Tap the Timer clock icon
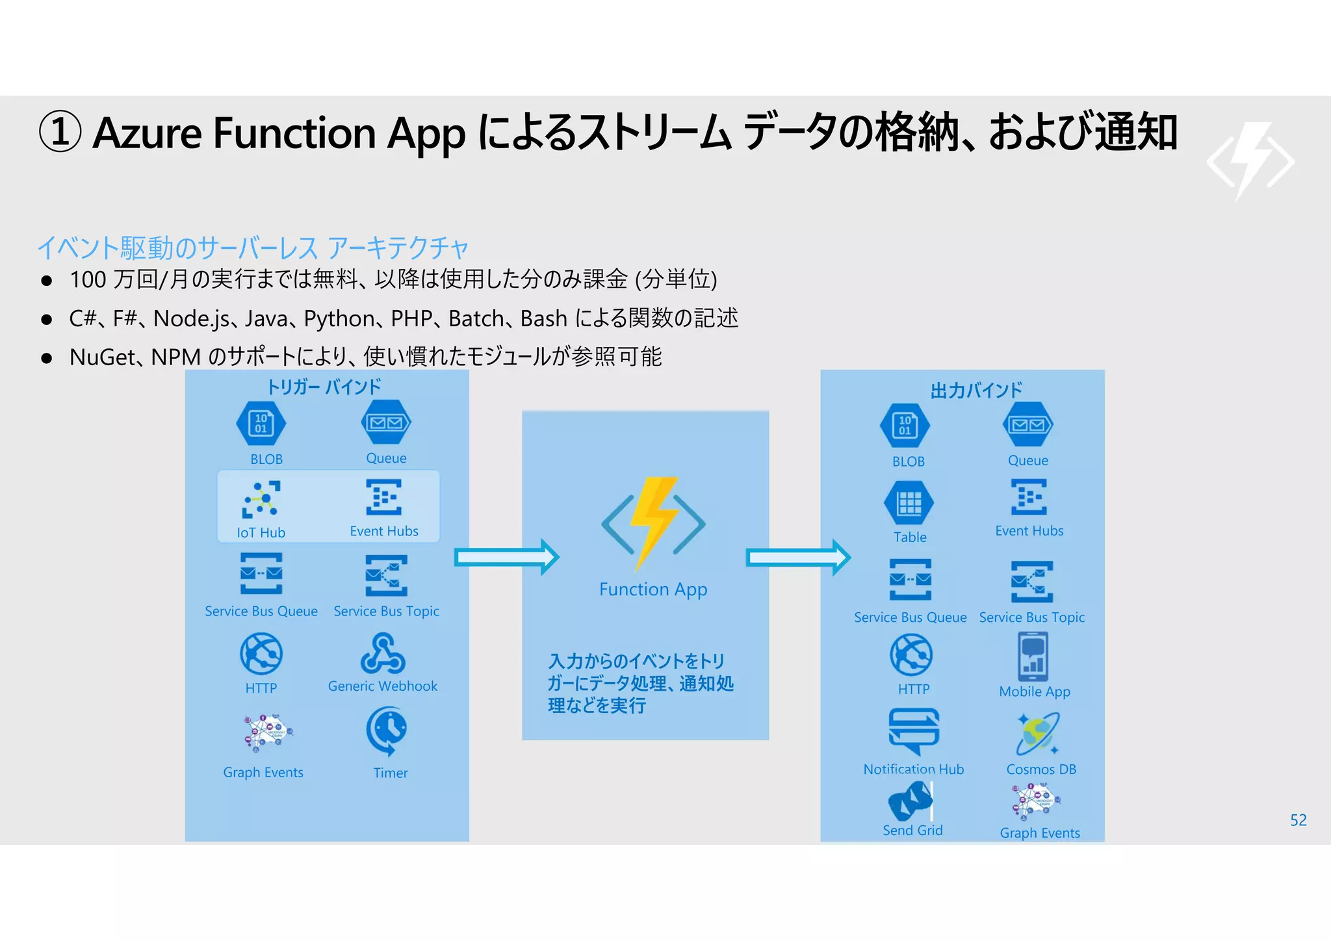pyautogui.click(x=387, y=731)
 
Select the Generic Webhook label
pyautogui.click(x=383, y=686)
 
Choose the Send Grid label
pyautogui.click(x=912, y=831)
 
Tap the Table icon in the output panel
pyautogui.click(x=909, y=503)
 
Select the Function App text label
pyautogui.click(x=653, y=589)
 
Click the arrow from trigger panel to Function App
pyautogui.click(x=506, y=558)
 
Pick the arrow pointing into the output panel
pyautogui.click(x=798, y=558)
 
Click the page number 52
pyautogui.click(x=1298, y=820)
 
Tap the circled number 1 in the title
pyautogui.click(x=60, y=132)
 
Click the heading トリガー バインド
pyautogui.click(x=324, y=387)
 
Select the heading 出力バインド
pyautogui.click(x=976, y=391)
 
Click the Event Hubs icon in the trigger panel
pyautogui.click(x=384, y=497)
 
